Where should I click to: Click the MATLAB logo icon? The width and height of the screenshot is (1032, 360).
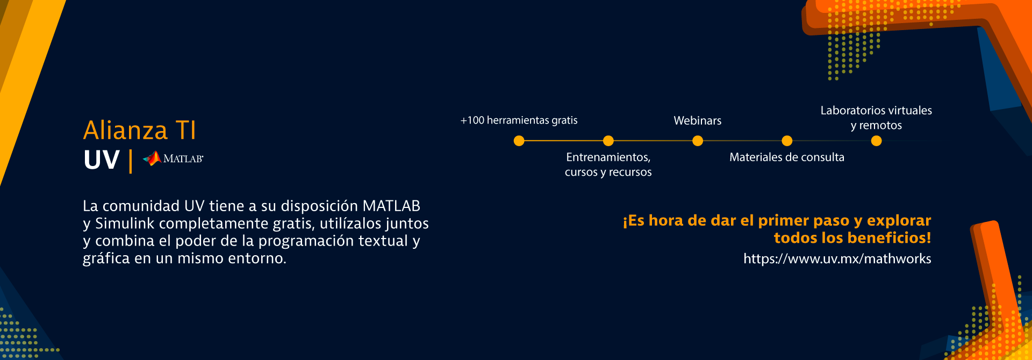(152, 158)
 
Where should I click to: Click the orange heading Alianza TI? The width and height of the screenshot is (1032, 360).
(140, 131)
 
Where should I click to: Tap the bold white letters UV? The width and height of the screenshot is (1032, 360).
(102, 160)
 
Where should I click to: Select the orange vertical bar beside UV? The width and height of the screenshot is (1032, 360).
(131, 161)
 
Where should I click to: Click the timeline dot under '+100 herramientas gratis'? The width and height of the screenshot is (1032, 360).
(519, 141)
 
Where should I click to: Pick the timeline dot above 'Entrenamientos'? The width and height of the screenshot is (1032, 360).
(608, 141)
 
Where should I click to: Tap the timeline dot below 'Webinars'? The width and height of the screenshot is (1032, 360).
(698, 141)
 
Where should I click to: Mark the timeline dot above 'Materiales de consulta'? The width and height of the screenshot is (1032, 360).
(787, 141)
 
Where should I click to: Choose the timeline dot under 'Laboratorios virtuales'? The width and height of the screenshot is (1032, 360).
(876, 141)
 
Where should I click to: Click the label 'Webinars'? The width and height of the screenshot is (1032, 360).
(698, 121)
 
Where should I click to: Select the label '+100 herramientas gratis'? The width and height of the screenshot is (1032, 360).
(519, 120)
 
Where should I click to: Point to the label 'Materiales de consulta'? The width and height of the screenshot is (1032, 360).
(787, 157)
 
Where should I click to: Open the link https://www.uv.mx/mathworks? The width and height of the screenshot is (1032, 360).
(837, 259)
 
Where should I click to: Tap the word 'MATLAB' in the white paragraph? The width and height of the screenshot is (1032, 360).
(391, 206)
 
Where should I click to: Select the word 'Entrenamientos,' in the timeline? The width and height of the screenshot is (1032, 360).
(608, 157)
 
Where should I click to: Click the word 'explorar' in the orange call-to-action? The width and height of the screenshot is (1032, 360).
(899, 221)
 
